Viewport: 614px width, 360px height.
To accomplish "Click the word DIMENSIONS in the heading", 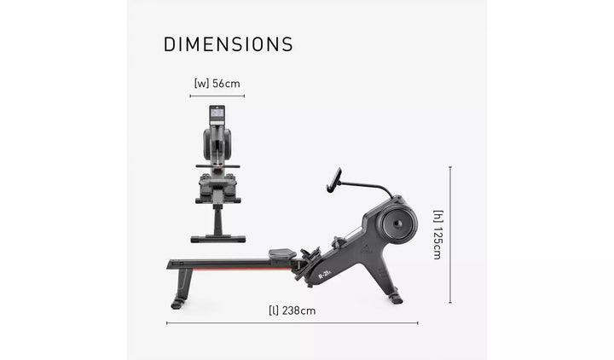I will (x=228, y=44).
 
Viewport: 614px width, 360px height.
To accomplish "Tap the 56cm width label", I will (x=227, y=84).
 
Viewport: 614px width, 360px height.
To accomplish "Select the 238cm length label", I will (x=298, y=311).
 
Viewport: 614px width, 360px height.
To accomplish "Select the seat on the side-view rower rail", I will (x=282, y=253).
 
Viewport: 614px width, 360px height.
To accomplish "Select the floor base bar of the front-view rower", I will (x=217, y=239).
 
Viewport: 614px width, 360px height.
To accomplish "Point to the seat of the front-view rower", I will (x=217, y=165).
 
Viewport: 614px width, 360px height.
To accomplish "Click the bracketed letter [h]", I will (x=437, y=216).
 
